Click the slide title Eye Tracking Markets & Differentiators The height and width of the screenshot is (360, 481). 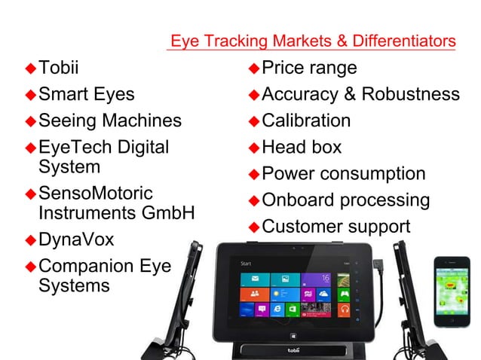click(312, 40)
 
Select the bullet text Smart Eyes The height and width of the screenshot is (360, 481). click(86, 95)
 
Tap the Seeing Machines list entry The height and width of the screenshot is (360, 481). click(109, 121)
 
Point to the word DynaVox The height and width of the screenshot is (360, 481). click(76, 240)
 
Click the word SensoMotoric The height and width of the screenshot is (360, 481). click(95, 194)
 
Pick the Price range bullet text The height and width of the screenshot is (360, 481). click(309, 69)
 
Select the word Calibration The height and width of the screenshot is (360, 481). click(306, 121)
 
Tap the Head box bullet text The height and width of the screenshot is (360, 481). click(302, 147)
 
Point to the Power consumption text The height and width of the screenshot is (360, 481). click(343, 174)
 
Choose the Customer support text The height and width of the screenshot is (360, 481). click(335, 226)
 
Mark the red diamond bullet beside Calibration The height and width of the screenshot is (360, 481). click(254, 121)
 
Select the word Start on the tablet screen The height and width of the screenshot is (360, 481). click(246, 264)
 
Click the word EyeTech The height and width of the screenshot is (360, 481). click(70, 147)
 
